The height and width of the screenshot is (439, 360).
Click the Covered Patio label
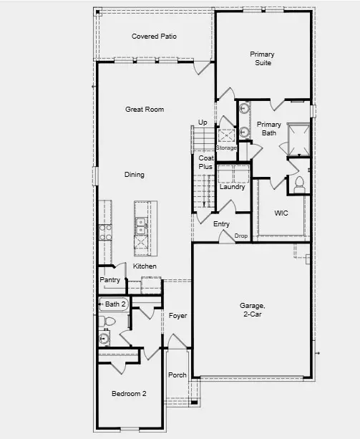click(154, 37)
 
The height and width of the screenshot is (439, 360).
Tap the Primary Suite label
click(263, 59)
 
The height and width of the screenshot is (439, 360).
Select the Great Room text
click(145, 110)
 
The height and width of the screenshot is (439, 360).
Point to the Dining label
click(135, 175)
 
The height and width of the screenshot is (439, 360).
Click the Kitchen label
click(145, 266)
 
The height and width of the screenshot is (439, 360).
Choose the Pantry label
click(110, 280)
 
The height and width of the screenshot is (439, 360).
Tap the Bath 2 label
click(115, 304)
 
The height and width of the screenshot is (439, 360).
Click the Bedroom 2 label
click(129, 394)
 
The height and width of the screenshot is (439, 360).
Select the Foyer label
click(177, 315)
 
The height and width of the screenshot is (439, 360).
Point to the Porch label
click(177, 375)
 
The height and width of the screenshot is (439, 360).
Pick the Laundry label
click(233, 188)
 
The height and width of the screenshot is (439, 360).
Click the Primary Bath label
click(269, 128)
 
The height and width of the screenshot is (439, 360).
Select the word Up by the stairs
click(203, 122)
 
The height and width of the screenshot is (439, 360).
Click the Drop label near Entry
click(240, 236)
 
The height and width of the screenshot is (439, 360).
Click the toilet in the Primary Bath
click(298, 184)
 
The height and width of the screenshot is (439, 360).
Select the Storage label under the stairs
click(226, 148)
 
